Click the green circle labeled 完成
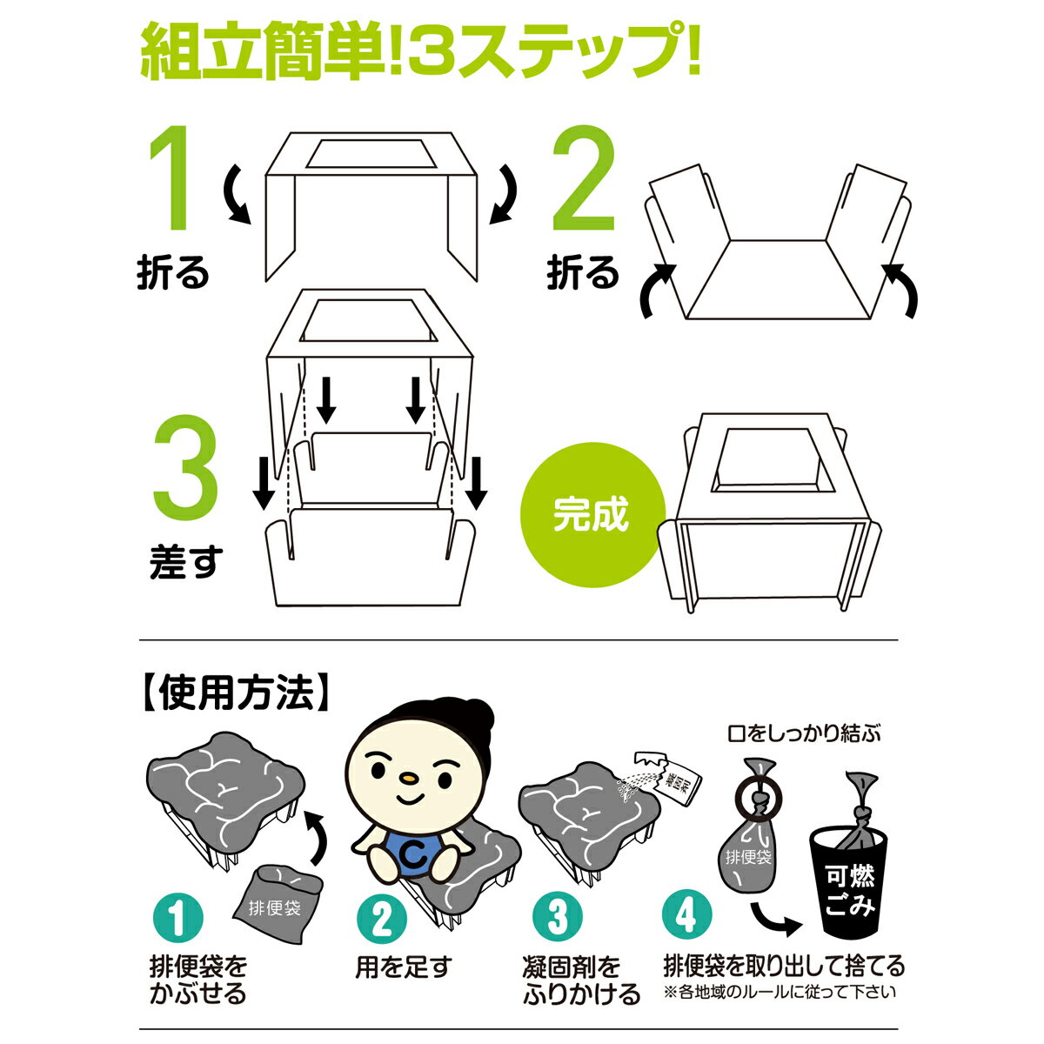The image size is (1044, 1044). click(592, 515)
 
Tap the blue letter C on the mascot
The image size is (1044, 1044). click(414, 855)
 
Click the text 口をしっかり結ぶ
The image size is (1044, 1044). click(804, 734)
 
